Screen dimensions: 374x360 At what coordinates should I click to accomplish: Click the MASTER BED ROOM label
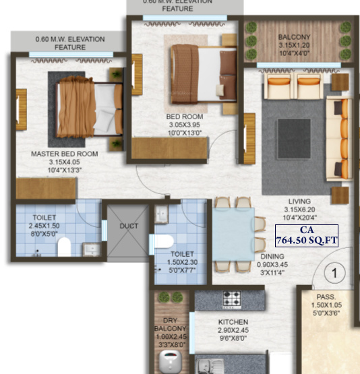click(x=65, y=154)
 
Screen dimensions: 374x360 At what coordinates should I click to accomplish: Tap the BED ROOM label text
click(x=185, y=117)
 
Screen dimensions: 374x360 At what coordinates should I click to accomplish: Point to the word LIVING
click(x=299, y=201)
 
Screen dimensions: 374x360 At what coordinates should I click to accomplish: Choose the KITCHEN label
click(x=233, y=323)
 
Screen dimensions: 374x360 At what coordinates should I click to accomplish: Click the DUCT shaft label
click(x=129, y=226)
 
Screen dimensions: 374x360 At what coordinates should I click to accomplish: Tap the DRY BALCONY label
click(x=170, y=325)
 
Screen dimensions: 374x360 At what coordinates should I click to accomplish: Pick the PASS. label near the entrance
click(x=326, y=296)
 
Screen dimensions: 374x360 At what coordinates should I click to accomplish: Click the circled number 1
click(x=331, y=274)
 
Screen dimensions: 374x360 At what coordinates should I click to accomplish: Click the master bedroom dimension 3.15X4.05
click(x=65, y=162)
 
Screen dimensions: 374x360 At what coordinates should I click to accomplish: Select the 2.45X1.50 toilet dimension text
click(x=44, y=226)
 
